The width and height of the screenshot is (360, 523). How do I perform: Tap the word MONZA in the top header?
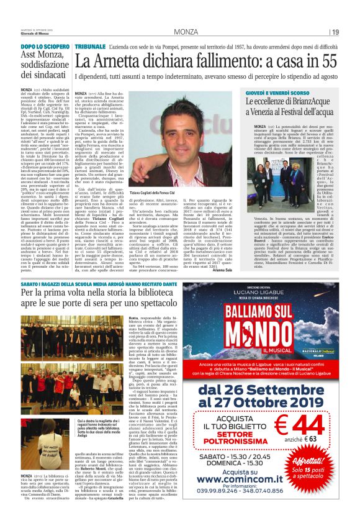point(186,32)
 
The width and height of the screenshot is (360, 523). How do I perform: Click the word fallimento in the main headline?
point(225,61)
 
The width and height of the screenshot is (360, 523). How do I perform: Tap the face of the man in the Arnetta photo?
point(163,122)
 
